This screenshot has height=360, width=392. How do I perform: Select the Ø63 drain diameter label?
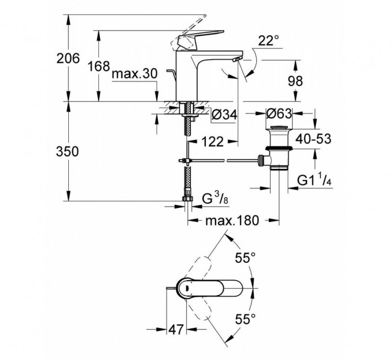pyautogui.click(x=279, y=113)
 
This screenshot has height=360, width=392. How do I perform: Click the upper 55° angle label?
pyautogui.click(x=245, y=258)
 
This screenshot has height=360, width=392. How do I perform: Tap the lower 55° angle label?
pyautogui.click(x=245, y=318)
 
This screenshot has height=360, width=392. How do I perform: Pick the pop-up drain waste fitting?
pyautogui.click(x=279, y=150)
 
